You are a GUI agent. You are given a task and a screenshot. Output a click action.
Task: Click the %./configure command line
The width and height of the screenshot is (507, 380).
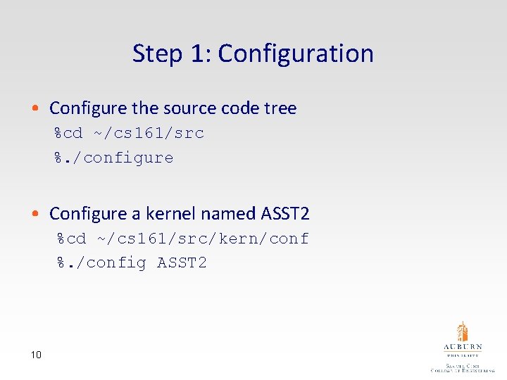(114, 158)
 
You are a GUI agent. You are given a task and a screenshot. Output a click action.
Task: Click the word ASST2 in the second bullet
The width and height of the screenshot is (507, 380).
(285, 213)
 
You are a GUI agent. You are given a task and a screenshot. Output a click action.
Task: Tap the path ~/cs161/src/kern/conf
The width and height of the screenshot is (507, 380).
(204, 239)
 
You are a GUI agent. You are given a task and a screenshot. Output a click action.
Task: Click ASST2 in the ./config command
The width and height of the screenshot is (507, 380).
(182, 263)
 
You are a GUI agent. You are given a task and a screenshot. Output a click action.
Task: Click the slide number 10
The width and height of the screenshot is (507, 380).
(36, 355)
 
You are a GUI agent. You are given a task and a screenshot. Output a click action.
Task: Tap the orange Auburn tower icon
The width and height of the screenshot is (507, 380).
(462, 332)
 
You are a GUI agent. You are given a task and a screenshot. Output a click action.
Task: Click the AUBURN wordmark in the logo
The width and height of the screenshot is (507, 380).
(462, 348)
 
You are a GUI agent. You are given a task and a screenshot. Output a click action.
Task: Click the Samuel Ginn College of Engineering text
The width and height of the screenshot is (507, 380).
(462, 368)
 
